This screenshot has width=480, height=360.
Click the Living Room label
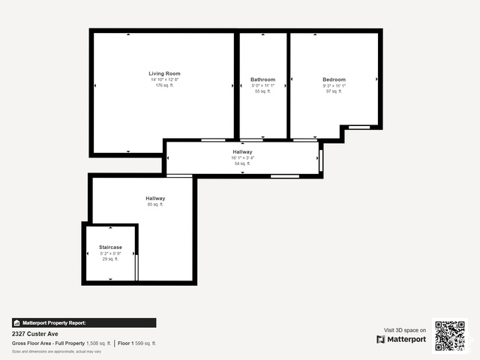(x=164, y=73)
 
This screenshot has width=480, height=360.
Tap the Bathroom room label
(x=262, y=79)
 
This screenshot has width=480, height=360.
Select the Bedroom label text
(x=334, y=79)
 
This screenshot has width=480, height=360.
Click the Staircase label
(x=110, y=247)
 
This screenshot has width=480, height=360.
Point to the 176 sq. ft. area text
(x=164, y=85)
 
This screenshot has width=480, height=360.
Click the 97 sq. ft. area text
(x=334, y=91)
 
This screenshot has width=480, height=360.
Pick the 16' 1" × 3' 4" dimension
(x=242, y=157)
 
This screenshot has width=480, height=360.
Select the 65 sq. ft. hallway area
(x=155, y=204)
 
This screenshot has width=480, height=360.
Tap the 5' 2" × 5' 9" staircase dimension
(x=110, y=253)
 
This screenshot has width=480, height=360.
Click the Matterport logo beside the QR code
(x=401, y=340)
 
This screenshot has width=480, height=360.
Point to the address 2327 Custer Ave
(x=35, y=334)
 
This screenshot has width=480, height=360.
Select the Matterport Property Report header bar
(x=84, y=322)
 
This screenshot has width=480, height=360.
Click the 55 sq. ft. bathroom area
(x=262, y=91)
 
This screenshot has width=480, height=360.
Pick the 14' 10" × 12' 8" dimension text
(x=164, y=79)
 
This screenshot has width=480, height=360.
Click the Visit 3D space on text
(x=405, y=330)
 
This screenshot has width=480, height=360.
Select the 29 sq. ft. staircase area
(x=110, y=259)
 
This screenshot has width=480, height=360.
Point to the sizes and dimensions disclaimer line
(x=56, y=351)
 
